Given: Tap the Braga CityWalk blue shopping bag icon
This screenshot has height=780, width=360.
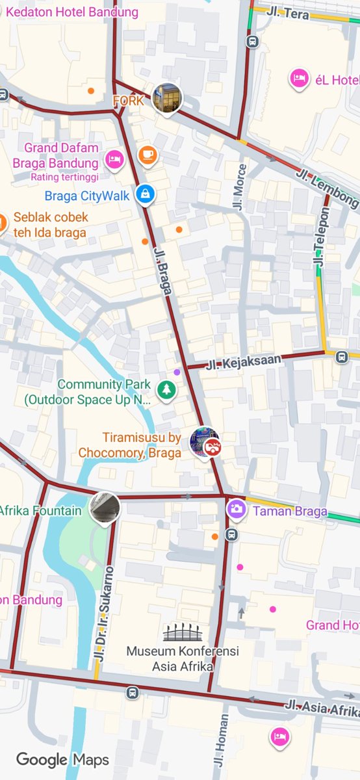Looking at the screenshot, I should click(x=144, y=194).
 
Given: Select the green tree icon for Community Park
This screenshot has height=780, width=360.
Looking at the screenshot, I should click(x=166, y=390).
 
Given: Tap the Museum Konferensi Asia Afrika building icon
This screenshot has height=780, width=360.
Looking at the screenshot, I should click(x=183, y=632).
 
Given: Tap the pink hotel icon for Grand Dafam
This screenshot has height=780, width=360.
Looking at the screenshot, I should click(x=114, y=158).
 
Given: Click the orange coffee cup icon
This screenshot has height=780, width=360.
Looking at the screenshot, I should click(x=148, y=154).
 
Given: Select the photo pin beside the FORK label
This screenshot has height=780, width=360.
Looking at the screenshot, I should click(x=167, y=98).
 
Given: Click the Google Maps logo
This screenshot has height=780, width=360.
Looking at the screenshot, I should click(x=62, y=759).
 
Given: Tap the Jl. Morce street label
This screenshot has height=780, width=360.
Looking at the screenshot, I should click(x=240, y=187).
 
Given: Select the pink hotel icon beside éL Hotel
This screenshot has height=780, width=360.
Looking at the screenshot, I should click(x=299, y=79).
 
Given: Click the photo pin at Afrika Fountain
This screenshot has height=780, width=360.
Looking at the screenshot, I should click(x=104, y=507).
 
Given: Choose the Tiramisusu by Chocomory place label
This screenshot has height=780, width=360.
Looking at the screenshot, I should click(x=130, y=445).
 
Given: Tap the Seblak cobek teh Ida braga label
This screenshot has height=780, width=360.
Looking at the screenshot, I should click(x=51, y=225).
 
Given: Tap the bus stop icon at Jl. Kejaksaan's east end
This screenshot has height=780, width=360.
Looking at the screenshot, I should click(x=341, y=355).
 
